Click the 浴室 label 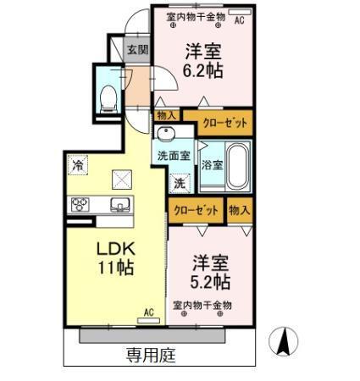[212, 165]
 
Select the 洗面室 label [174, 156]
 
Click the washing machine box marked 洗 [180, 182]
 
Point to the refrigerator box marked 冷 [78, 164]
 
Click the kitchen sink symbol [119, 203]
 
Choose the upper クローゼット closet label [224, 124]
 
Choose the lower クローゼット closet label [196, 209]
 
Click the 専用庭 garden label [151, 355]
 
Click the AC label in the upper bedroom [238, 19]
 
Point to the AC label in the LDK [149, 312]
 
